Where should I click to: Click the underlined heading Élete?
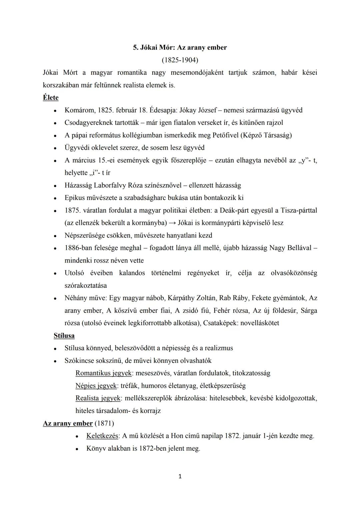click(51, 98)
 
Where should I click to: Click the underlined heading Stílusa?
click(64, 336)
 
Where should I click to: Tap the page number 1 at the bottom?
click(180, 477)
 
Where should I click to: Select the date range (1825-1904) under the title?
click(180, 60)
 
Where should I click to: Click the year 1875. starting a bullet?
click(73, 210)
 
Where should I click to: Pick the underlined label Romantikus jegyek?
click(104, 373)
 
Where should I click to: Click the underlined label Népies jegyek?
click(96, 386)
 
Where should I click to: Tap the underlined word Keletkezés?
click(102, 436)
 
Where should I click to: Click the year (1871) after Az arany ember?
click(104, 423)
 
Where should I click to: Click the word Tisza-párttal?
click(299, 210)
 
